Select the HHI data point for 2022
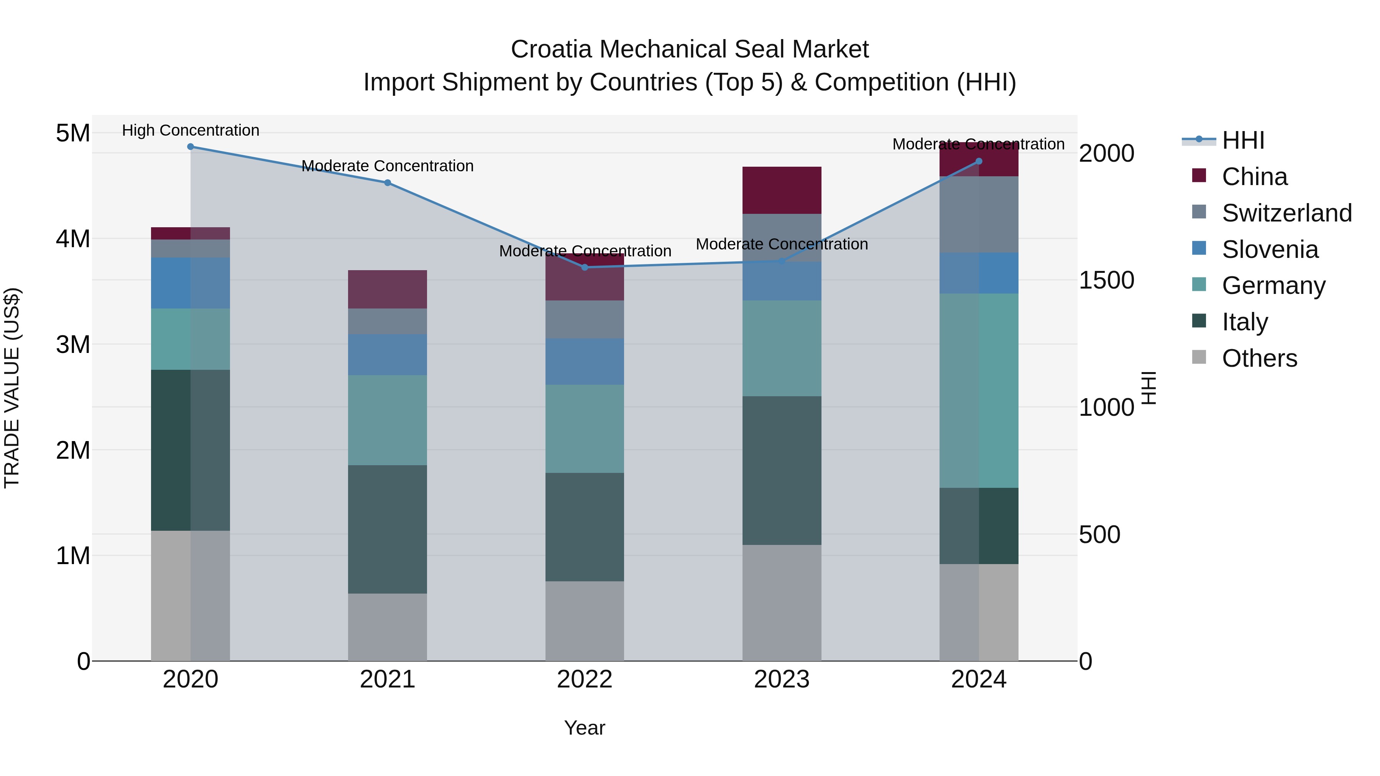tap(585, 267)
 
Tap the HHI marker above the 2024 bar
tap(979, 161)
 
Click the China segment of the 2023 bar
tap(782, 190)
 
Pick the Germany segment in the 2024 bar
tap(979, 390)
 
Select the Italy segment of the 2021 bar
tap(387, 529)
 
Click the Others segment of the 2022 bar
tap(585, 621)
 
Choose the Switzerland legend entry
tap(1286, 213)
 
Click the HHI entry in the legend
tap(1243, 140)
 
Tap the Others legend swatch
tap(1199, 357)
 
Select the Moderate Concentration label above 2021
tap(387, 166)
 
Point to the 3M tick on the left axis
tap(73, 345)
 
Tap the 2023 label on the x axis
tap(782, 679)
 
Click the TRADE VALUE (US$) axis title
tap(12, 388)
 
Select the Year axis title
tap(585, 728)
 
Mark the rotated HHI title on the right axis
tap(1148, 388)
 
